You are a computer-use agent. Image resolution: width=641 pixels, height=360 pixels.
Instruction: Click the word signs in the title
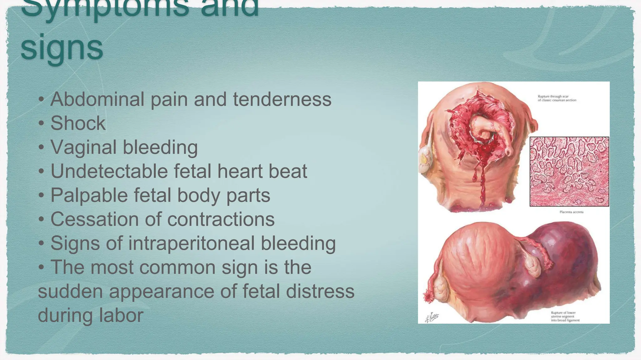coord(62,48)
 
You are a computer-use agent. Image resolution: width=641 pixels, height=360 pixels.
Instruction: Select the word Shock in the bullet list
coord(78,123)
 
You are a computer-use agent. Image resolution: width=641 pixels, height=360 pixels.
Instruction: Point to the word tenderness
coord(282,99)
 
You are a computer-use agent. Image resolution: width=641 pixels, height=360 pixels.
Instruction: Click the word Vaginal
coord(83,147)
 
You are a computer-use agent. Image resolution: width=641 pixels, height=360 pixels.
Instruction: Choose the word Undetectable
coord(109,171)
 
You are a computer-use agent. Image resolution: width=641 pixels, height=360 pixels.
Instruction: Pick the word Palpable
coord(89,196)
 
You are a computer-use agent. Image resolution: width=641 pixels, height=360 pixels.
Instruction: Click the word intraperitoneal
coord(191,243)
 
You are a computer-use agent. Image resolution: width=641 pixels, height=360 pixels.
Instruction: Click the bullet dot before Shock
coord(41,123)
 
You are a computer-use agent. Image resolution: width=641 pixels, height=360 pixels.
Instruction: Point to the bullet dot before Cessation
coord(41,220)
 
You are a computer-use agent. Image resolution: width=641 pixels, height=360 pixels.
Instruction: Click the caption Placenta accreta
coord(571,212)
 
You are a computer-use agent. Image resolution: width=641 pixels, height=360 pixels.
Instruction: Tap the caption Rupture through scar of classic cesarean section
coord(557,98)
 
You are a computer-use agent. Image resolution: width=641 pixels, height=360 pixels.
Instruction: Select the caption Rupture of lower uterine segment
coord(565,316)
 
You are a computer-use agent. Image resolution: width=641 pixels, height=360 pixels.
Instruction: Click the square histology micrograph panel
coord(569,172)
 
